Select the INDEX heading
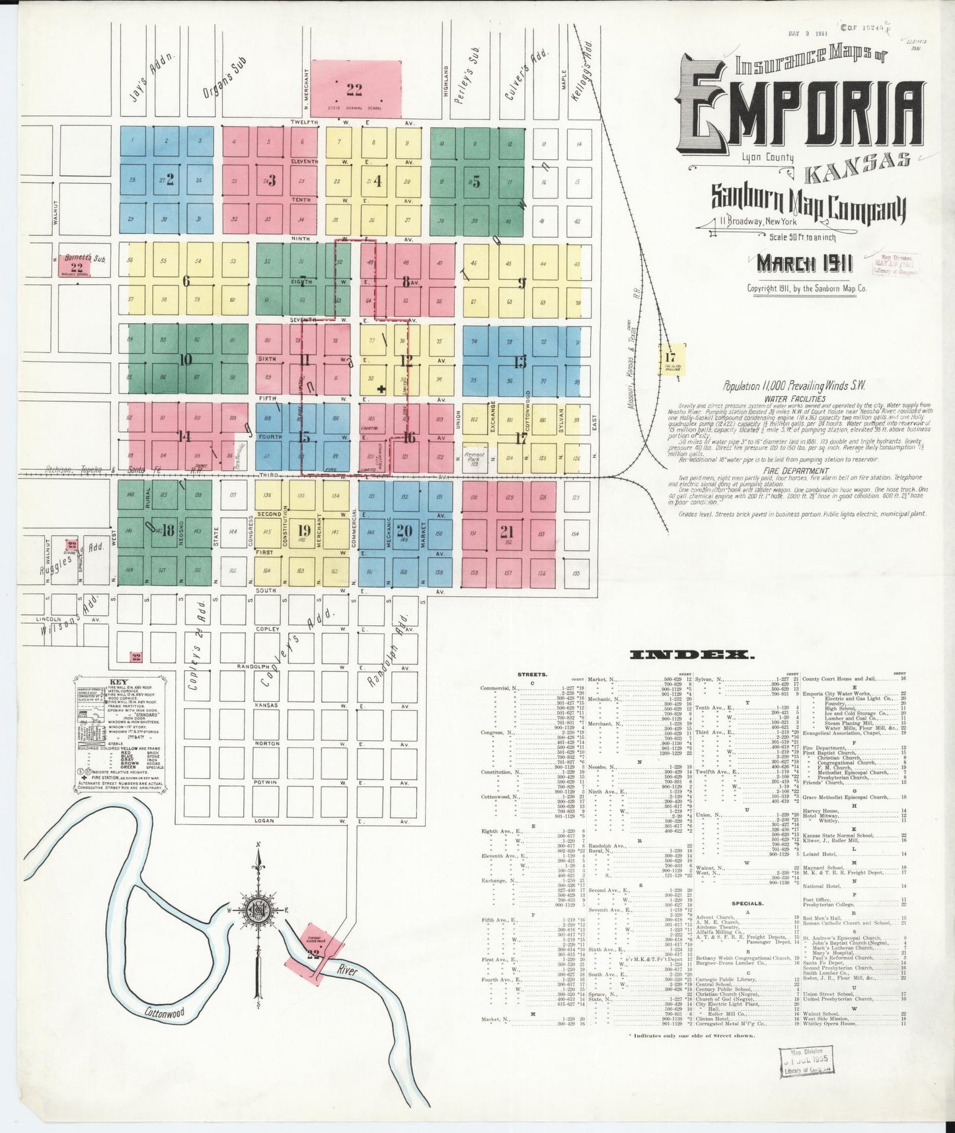[691, 655]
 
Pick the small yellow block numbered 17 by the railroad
[669, 359]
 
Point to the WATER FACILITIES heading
[794, 399]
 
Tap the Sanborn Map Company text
[807, 202]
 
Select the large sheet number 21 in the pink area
[506, 531]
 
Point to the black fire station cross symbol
[381, 389]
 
